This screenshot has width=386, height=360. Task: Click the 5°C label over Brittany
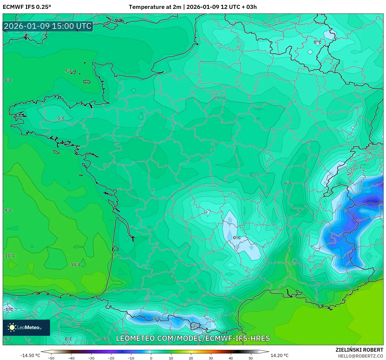pos(61,118)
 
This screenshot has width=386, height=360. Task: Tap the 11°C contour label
pos(10,256)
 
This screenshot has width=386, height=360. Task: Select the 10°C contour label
pos(76,265)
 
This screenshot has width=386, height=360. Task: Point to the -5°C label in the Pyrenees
pos(156,318)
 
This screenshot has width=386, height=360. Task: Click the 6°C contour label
pos(288,183)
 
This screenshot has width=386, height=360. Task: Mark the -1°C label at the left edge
pos(8,309)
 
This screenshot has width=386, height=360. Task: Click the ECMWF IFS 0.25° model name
pos(27,7)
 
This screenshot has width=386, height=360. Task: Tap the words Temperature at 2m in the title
pos(155,7)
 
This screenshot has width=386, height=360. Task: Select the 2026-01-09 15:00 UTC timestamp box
pos(48,26)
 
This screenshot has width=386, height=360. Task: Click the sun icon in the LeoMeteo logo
pos(12,327)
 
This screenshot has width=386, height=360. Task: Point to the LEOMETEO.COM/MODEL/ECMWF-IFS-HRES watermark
pos(193,338)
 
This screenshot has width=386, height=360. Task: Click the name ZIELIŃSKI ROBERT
pos(359,350)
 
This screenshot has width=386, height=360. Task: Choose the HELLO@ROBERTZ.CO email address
pos(360,356)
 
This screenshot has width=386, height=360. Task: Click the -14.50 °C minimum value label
pos(30,355)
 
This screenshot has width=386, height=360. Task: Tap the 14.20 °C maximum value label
pos(279,355)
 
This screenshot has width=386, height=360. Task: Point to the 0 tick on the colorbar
pos(151,358)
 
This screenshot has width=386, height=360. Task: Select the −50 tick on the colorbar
pos(51,358)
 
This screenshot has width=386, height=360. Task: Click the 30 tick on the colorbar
pos(211,358)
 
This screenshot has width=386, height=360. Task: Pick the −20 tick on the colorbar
pos(111,358)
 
